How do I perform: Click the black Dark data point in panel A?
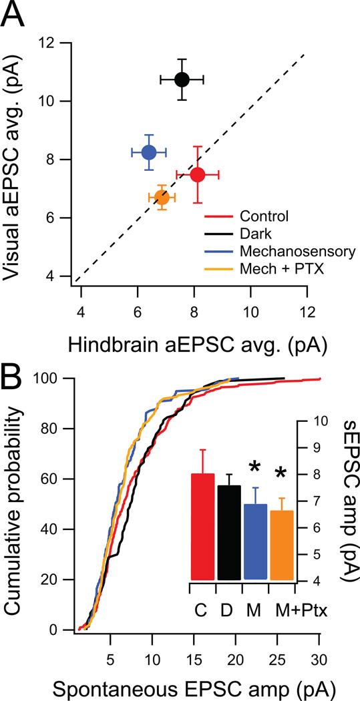182,79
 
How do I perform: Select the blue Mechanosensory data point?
148,152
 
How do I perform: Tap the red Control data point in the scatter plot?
198,174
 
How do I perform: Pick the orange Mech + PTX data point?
162,197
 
